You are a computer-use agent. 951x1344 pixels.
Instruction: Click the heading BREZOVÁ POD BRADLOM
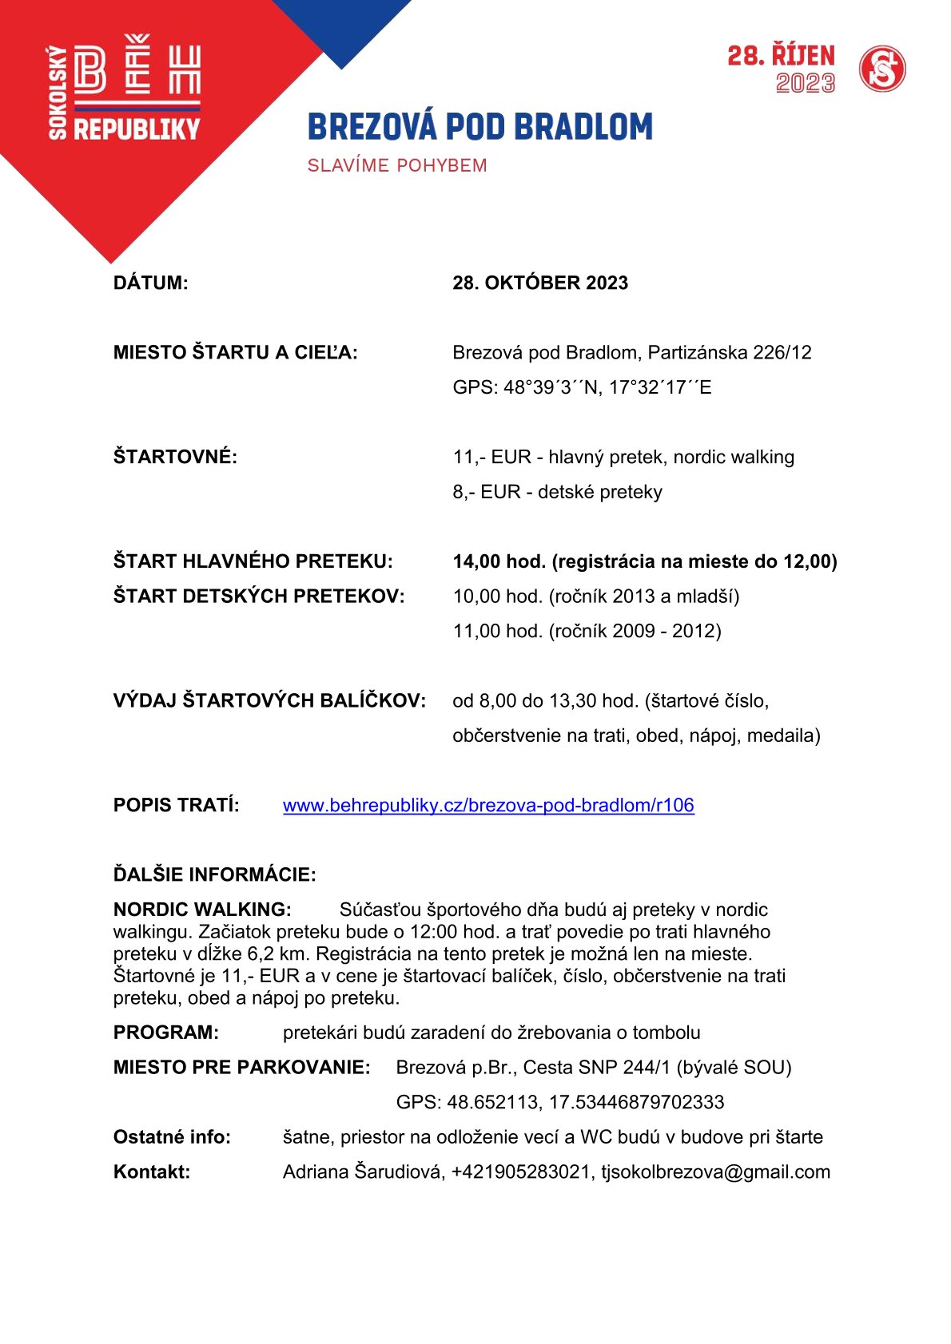pos(479,127)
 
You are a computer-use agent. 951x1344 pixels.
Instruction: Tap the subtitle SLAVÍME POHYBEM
pos(397,165)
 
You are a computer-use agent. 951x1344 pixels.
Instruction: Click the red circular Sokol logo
pos(882,69)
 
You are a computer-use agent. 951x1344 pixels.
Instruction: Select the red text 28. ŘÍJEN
pos(781,56)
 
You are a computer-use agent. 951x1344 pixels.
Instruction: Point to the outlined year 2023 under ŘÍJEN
pos(805,83)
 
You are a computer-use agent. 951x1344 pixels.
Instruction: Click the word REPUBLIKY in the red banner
pos(137,129)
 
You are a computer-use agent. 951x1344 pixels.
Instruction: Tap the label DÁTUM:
pos(151,283)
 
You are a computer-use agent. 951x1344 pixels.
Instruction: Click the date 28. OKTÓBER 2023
pos(540,283)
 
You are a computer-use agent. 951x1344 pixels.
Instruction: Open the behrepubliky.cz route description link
pos(488,805)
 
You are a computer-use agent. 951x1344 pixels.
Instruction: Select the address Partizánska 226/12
pos(730,352)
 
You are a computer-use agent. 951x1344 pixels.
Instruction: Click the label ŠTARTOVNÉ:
pos(175,457)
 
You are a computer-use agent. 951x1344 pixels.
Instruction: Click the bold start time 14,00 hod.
pos(499,561)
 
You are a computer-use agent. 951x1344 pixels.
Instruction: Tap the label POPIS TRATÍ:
pos(176,805)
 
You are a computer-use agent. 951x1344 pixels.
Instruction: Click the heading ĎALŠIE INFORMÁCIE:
pos(214,874)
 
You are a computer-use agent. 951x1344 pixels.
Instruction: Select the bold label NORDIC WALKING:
pos(202,910)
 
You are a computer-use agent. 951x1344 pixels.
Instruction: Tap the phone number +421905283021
pos(521,1172)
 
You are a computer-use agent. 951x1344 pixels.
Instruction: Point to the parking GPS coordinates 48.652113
pos(492,1102)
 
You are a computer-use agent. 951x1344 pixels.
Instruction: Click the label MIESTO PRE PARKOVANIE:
pos(241,1067)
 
